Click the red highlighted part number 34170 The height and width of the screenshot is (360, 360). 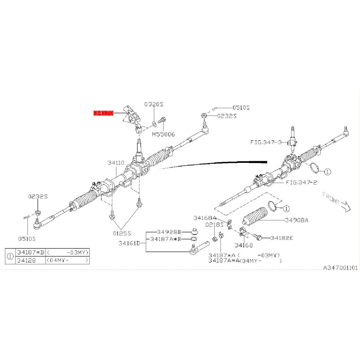(x=104, y=113)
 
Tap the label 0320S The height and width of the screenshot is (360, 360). (x=154, y=104)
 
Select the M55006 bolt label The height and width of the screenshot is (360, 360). (x=163, y=134)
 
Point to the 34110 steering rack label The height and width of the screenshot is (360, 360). (x=116, y=163)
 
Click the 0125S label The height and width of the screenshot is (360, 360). (x=122, y=233)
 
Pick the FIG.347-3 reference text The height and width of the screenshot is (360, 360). (x=266, y=142)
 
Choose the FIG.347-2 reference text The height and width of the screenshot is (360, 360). (x=301, y=183)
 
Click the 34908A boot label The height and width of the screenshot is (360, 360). (x=297, y=220)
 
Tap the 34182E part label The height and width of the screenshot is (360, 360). (x=282, y=238)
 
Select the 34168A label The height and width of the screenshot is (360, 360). (x=205, y=218)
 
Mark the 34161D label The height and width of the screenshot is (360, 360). (x=129, y=243)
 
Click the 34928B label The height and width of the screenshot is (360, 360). (x=169, y=232)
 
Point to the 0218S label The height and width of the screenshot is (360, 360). (x=215, y=225)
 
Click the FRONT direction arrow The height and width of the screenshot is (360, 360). (x=346, y=206)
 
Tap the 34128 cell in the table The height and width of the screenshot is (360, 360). (x=26, y=260)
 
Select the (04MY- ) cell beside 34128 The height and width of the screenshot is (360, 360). (x=67, y=260)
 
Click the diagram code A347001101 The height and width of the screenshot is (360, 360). (x=341, y=268)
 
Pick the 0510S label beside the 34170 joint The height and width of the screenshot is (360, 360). (x=241, y=107)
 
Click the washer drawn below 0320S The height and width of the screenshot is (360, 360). (x=154, y=125)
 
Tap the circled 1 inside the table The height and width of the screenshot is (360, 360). (x=10, y=256)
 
